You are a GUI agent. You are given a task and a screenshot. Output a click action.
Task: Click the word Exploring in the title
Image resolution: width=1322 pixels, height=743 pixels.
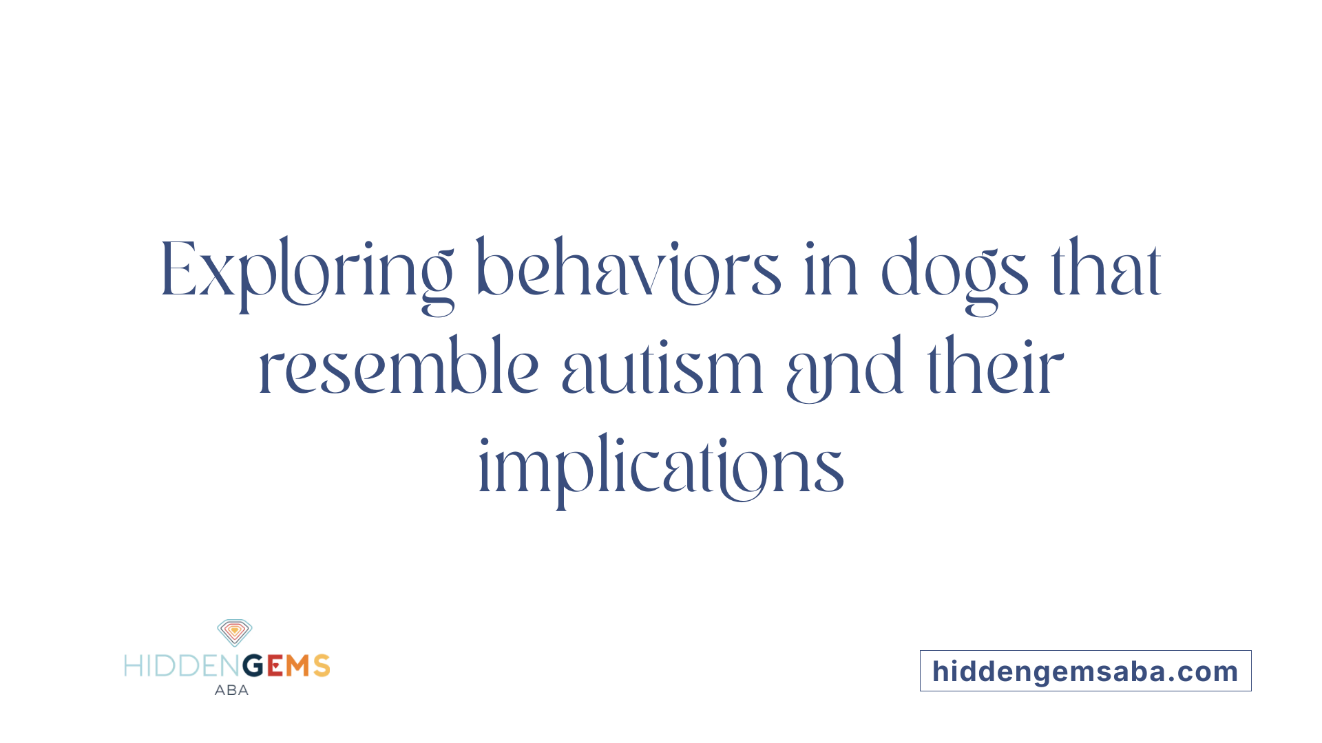pyautogui.click(x=306, y=272)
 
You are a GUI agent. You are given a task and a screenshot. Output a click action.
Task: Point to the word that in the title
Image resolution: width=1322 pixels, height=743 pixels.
pyautogui.click(x=1106, y=270)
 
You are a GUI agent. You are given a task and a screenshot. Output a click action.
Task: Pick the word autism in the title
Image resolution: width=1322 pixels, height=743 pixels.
pyautogui.click(x=662, y=369)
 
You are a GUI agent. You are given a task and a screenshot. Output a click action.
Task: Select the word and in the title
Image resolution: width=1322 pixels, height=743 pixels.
pyautogui.click(x=844, y=369)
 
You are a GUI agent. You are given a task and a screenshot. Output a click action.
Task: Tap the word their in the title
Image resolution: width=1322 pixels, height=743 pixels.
pyautogui.click(x=996, y=368)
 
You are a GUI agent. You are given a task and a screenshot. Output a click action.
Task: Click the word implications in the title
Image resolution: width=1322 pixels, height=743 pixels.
pyautogui.click(x=661, y=468)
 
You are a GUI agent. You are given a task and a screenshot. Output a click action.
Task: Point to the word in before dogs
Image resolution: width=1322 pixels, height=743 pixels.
pyautogui.click(x=831, y=272)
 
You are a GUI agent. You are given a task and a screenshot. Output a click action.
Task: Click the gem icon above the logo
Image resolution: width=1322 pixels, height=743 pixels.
pyautogui.click(x=234, y=632)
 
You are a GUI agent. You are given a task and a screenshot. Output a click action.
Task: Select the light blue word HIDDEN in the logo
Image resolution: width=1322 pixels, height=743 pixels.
pyautogui.click(x=182, y=666)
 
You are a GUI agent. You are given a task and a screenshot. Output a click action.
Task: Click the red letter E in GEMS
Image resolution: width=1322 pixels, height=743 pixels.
pyautogui.click(x=275, y=666)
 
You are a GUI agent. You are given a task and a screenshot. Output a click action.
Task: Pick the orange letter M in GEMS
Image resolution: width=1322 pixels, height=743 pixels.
pyautogui.click(x=298, y=666)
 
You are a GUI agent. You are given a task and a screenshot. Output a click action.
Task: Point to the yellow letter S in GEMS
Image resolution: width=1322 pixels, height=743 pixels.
pyautogui.click(x=322, y=666)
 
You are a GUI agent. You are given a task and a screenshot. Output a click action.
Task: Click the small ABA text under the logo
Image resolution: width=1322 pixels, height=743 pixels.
pyautogui.click(x=231, y=690)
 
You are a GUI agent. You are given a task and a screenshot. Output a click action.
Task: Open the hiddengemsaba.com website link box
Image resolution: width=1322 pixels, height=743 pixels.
pyautogui.click(x=1085, y=671)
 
